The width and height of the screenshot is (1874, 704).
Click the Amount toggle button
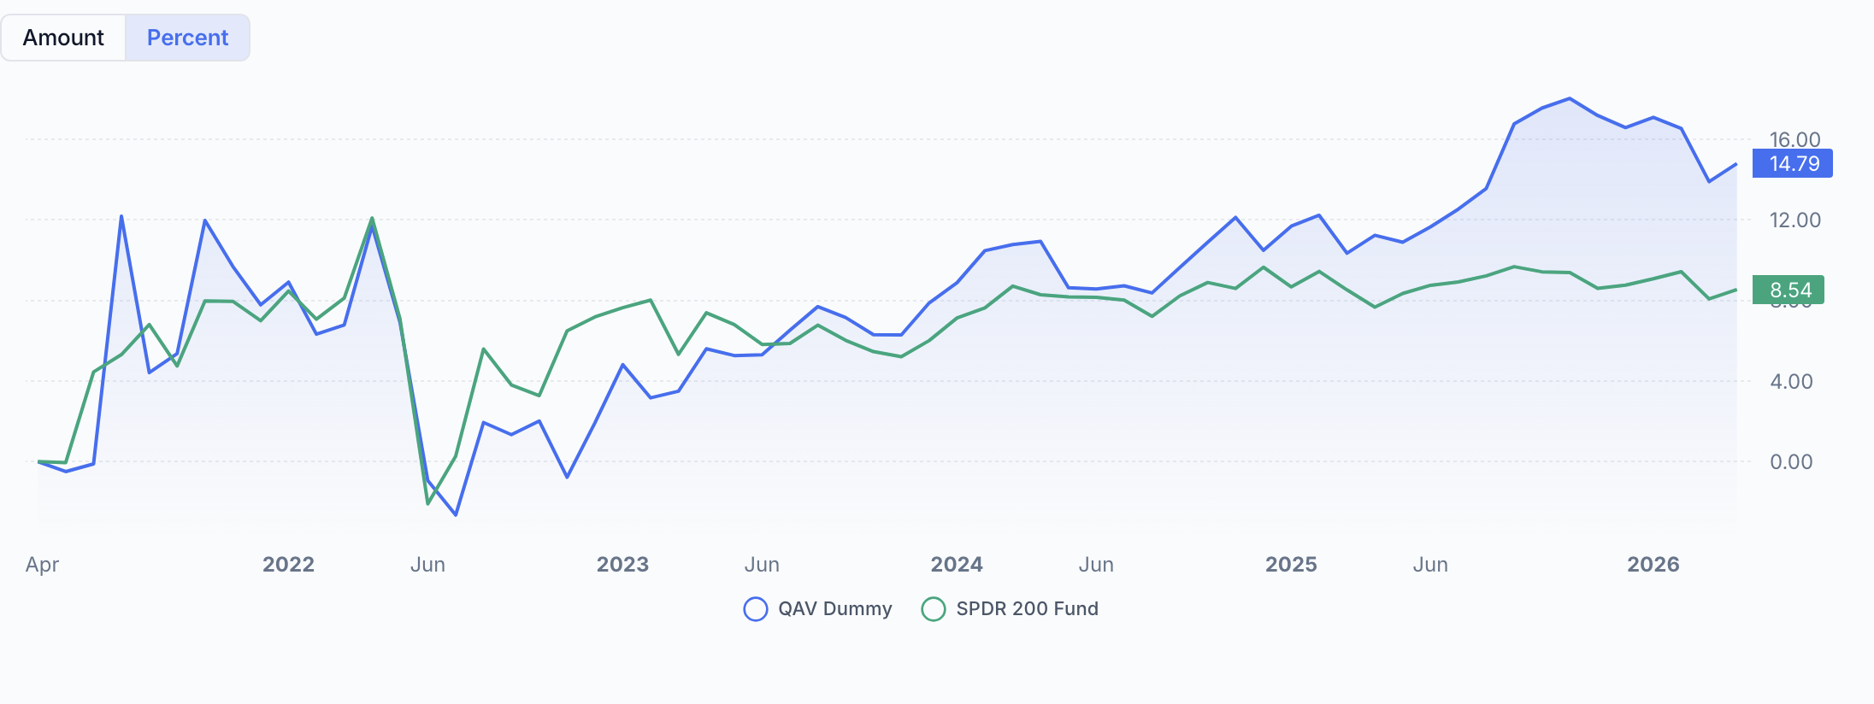pyautogui.click(x=63, y=38)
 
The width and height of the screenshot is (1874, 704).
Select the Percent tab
pyautogui.click(x=187, y=38)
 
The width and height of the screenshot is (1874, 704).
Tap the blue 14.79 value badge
pyautogui.click(x=1792, y=163)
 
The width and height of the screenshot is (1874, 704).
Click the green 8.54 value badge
pyautogui.click(x=1788, y=290)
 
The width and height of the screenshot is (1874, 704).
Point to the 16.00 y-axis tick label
pyautogui.click(x=1794, y=138)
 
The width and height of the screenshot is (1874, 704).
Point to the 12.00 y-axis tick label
pyautogui.click(x=1794, y=220)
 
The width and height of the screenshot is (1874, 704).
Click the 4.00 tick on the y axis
pyautogui.click(x=1791, y=381)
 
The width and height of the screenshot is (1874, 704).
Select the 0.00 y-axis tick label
pyautogui.click(x=1791, y=461)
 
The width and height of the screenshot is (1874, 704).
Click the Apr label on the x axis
pyautogui.click(x=42, y=564)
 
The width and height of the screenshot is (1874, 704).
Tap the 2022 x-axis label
pyautogui.click(x=288, y=564)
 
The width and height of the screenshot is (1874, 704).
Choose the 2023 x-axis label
pyautogui.click(x=622, y=564)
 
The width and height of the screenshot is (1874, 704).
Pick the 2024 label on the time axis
pyautogui.click(x=957, y=564)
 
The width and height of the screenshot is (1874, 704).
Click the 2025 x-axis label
pyautogui.click(x=1291, y=564)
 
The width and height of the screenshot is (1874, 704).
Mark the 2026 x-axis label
pyautogui.click(x=1653, y=564)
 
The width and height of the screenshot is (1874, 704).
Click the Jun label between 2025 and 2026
pyautogui.click(x=1430, y=564)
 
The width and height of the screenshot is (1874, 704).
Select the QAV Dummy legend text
pyautogui.click(x=834, y=608)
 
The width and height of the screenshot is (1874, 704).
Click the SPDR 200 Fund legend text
pyautogui.click(x=1027, y=608)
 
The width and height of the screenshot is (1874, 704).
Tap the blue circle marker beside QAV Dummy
pyautogui.click(x=756, y=608)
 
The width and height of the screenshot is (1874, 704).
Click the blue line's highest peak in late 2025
pyautogui.click(x=1570, y=99)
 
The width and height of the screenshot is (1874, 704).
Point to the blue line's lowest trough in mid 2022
pyautogui.click(x=456, y=514)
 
